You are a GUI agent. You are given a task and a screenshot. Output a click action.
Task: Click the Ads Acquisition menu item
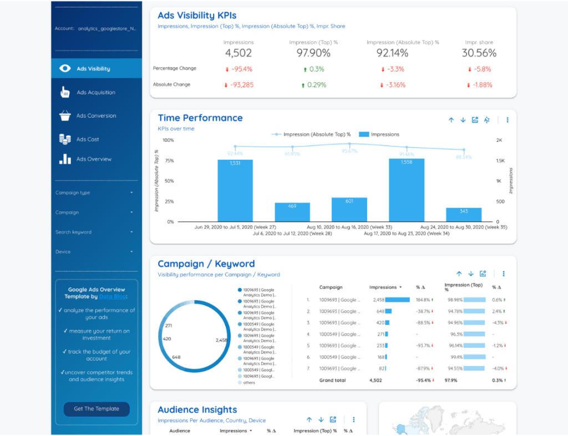tap(95, 93)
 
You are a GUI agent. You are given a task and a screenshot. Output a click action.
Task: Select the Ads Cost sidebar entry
tap(88, 139)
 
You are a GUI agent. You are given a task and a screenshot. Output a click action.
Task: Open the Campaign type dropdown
tap(94, 192)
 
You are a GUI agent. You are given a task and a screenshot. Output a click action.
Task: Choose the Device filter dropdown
tap(94, 252)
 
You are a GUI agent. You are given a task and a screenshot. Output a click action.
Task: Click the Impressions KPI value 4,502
tap(239, 53)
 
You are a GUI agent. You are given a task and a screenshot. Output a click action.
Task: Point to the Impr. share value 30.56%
tap(479, 53)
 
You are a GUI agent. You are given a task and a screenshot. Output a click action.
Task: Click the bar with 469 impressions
tap(292, 212)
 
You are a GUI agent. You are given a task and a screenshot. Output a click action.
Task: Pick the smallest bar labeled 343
tap(464, 215)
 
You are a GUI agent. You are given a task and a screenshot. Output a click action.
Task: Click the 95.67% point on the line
tap(349, 144)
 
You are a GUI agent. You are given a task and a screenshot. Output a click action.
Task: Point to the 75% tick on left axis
tap(169, 161)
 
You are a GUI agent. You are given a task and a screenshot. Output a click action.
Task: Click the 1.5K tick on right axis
tap(500, 161)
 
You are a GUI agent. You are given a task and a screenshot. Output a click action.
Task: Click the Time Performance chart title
tap(200, 118)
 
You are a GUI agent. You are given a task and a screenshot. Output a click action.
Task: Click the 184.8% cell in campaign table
tap(423, 300)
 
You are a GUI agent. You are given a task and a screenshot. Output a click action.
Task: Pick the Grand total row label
tap(332, 381)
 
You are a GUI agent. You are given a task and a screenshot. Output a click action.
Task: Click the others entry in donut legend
tap(249, 383)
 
